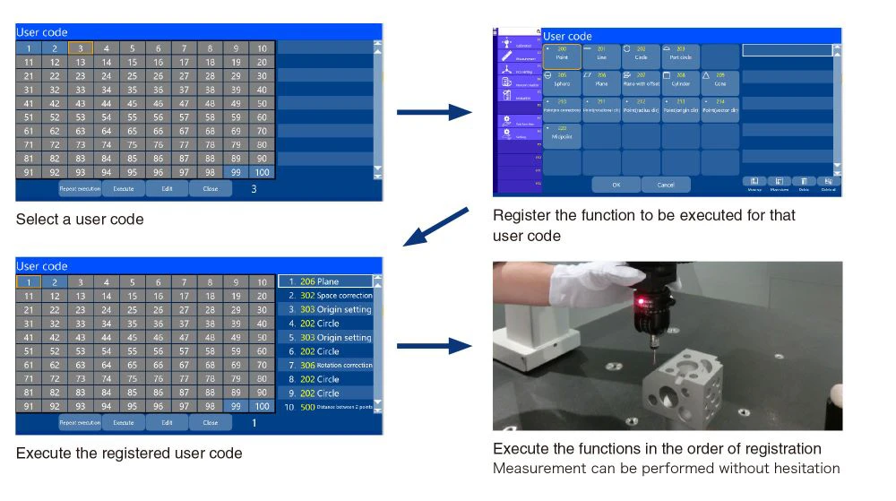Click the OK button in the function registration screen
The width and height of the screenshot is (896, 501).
(616, 185)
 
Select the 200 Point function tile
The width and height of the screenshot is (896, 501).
(562, 56)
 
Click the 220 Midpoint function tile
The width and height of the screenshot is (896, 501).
(562, 135)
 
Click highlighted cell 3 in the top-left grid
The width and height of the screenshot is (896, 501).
(81, 48)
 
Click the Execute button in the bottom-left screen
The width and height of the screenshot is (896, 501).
(124, 422)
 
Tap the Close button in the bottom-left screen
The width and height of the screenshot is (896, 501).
(210, 422)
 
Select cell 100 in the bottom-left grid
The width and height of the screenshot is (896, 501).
(262, 407)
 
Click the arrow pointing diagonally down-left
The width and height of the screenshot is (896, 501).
(435, 228)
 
